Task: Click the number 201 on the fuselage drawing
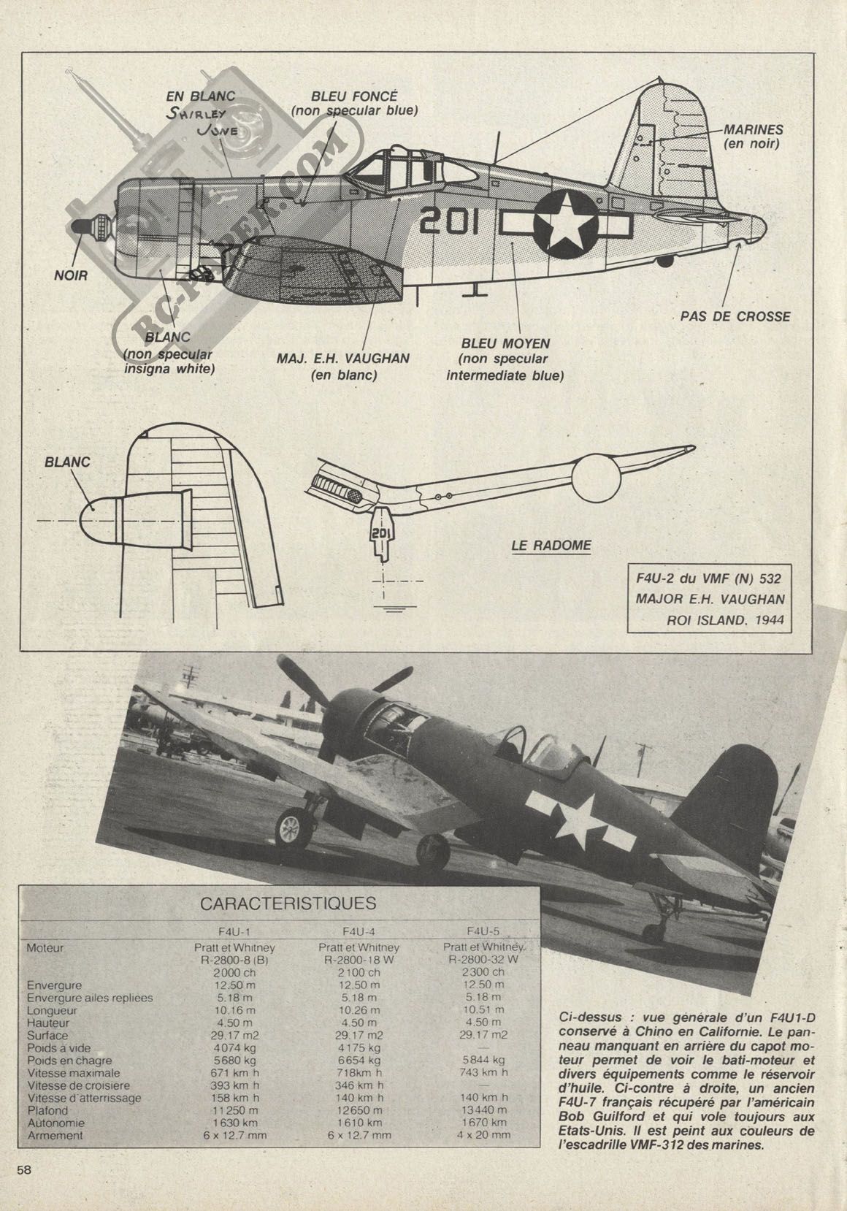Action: (449, 221)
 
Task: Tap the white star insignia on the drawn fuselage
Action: (565, 224)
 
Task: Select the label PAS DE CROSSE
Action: (735, 316)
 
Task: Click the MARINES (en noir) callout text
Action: (754, 137)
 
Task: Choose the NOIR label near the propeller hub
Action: (71, 275)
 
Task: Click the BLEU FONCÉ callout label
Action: (355, 103)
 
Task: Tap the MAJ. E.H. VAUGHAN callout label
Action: (343, 366)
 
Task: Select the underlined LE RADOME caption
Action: (551, 546)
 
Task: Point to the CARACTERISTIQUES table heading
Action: (288, 904)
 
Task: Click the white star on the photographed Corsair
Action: (579, 822)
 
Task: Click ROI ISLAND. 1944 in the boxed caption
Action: (725, 620)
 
